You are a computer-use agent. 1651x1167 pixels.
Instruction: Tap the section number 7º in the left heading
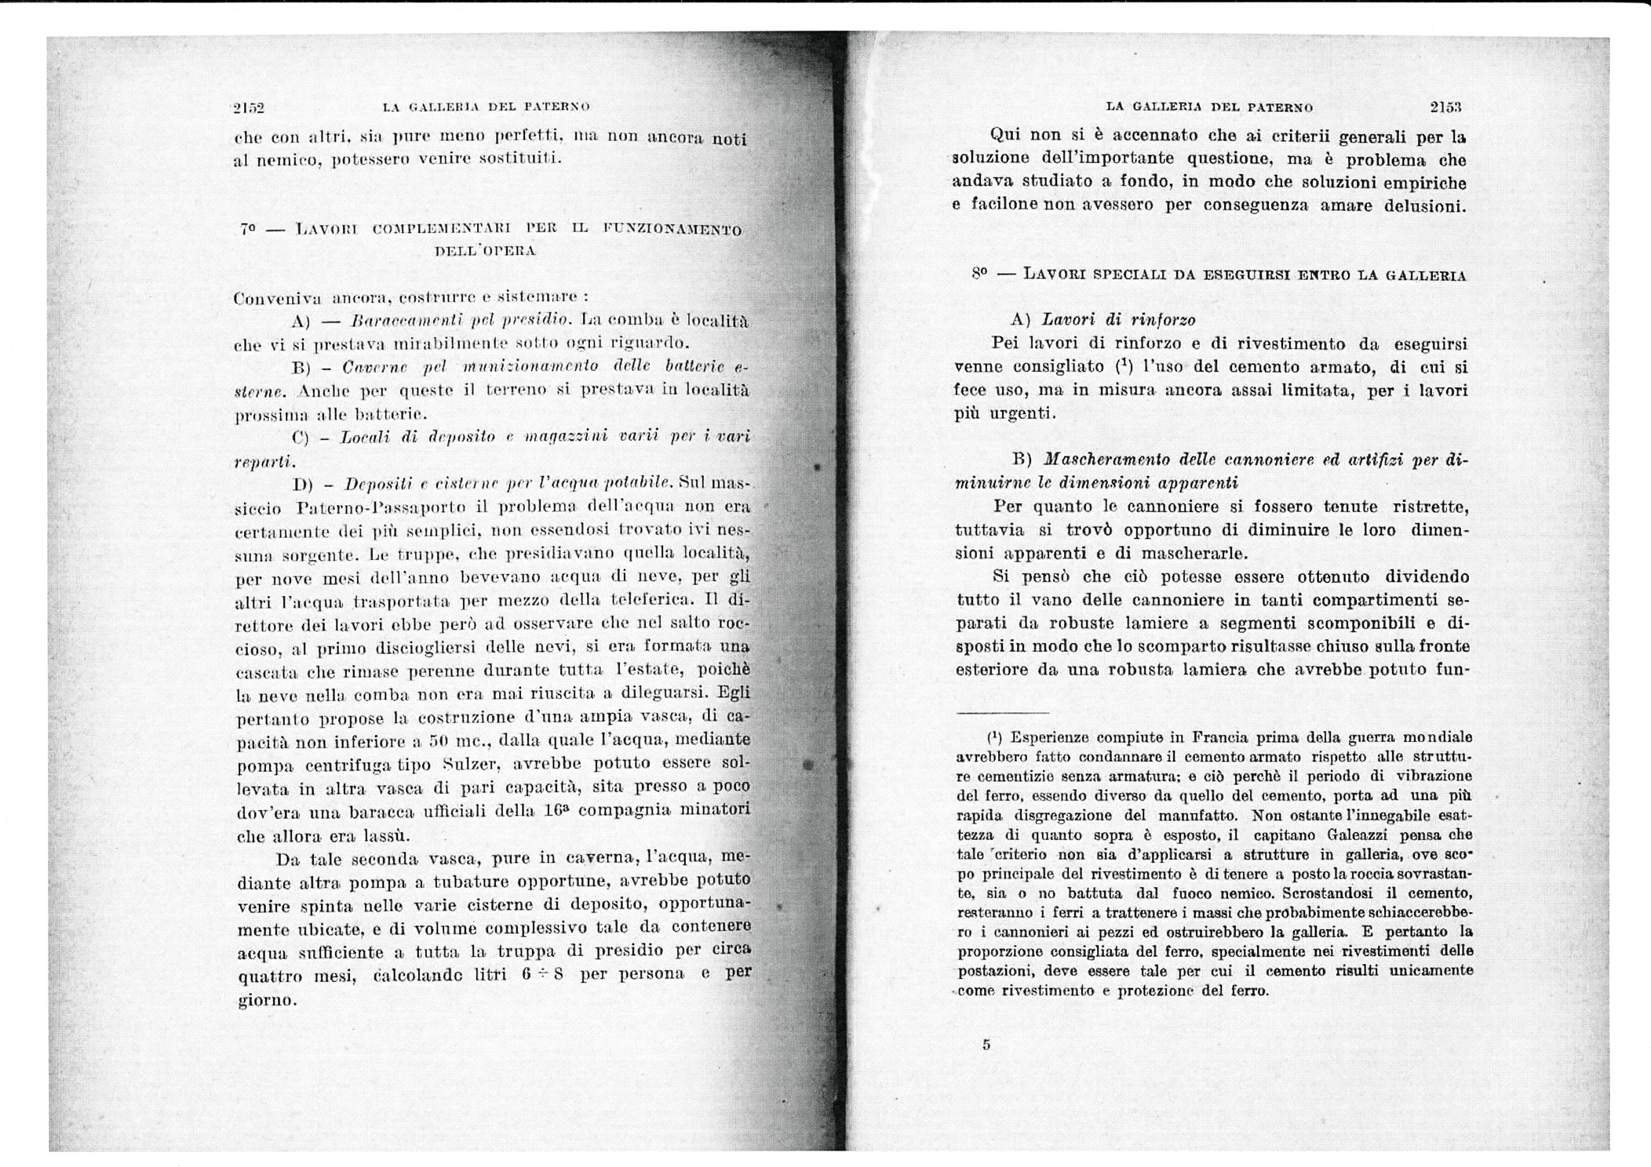(249, 230)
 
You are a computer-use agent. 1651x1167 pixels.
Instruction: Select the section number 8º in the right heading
(979, 274)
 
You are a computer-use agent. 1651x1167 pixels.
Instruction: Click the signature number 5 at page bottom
(986, 1044)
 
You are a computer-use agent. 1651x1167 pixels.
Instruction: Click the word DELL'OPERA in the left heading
(485, 252)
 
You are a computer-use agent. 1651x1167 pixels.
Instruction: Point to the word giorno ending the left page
(266, 1001)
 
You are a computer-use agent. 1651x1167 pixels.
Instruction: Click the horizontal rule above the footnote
(1002, 712)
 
